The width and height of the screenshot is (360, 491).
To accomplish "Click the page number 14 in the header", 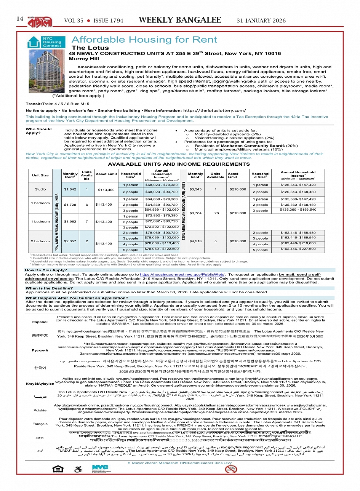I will tap(20, 19).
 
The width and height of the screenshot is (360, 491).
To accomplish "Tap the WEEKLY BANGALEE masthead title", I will tap(180, 20).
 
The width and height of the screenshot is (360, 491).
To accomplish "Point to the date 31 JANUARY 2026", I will tap(261, 21).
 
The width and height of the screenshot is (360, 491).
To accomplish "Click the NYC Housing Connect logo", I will tap(46, 42).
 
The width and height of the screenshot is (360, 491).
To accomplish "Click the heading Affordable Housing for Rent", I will tap(144, 40).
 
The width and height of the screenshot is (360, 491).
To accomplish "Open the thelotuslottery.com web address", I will tap(214, 111).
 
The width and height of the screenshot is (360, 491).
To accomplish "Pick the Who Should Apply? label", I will tap(38, 131).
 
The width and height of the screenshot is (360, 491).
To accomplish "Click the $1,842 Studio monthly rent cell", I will tap(70, 189).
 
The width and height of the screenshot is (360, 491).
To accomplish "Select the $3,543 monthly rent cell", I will tap(195, 189).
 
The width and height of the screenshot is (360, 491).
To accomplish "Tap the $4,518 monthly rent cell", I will tap(195, 241).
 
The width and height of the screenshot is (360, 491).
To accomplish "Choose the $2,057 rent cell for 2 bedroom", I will tap(70, 241).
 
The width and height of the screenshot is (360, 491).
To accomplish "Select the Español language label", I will tap(40, 322).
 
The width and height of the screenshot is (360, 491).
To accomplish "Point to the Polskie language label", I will tap(40, 410).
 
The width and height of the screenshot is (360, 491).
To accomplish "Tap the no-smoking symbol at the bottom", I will tap(231, 469).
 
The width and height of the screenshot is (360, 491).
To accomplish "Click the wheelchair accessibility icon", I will tap(78, 469).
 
